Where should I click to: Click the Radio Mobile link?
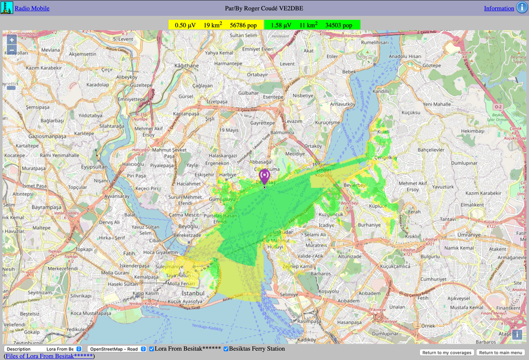pos(32,8)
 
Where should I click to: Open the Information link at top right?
pos(499,8)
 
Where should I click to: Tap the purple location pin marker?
pos(264,176)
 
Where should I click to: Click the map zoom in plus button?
pos(12,40)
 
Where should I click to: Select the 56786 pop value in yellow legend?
pos(243,25)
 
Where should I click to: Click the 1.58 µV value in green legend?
pos(281,25)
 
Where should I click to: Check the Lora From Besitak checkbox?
pos(152,349)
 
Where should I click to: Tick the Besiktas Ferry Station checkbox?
pos(226,349)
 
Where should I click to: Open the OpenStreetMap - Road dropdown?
pos(117,349)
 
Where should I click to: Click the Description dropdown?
pos(43,349)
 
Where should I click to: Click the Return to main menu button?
pos(500,353)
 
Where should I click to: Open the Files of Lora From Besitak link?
pos(49,356)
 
